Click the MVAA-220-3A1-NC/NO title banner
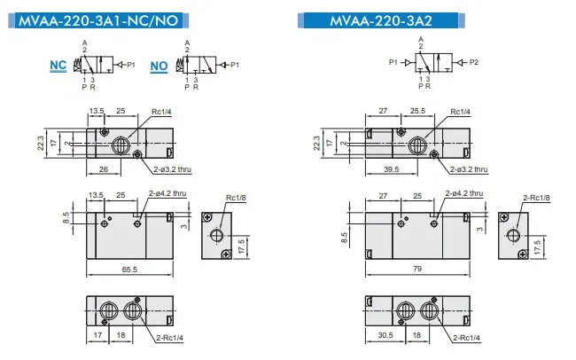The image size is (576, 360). point(98,20)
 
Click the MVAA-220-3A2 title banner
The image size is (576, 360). point(381,20)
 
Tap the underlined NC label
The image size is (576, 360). point(58,66)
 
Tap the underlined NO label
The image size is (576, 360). point(159,67)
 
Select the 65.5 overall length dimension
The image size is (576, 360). point(129,270)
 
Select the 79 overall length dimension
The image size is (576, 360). point(417,269)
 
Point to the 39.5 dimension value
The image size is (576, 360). point(391,169)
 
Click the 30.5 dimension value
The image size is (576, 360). point(385,335)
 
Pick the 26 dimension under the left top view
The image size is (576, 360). point(104,169)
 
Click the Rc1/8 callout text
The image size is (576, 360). point(236,198)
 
